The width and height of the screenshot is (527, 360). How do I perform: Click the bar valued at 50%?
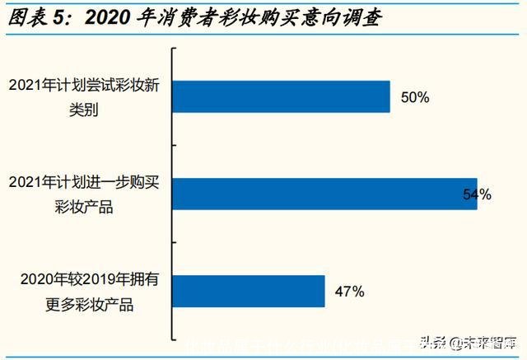click(x=280, y=96)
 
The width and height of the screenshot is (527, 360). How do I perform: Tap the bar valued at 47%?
click(x=248, y=292)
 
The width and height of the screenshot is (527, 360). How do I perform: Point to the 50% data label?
click(x=415, y=97)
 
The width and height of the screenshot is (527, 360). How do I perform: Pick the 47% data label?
click(x=349, y=292)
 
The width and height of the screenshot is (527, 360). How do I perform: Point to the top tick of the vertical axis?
click(x=173, y=49)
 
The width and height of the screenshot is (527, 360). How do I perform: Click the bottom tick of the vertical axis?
click(x=173, y=339)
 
